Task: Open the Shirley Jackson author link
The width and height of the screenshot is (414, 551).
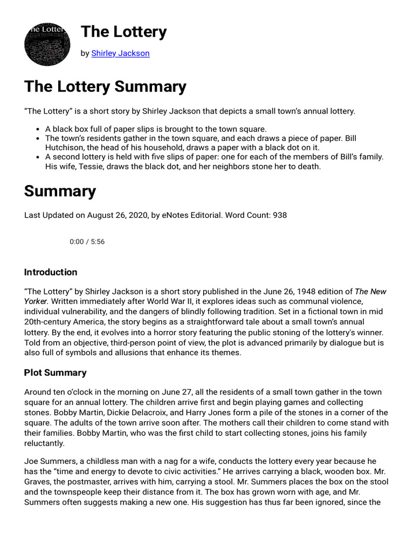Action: point(120,53)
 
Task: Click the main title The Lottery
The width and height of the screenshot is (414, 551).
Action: point(123,32)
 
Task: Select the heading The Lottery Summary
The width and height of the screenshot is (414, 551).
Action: point(105,86)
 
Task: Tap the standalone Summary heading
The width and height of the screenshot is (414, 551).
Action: point(60,191)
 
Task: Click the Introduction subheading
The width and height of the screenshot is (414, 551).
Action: point(51,272)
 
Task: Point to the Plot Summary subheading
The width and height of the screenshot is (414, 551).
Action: point(55,372)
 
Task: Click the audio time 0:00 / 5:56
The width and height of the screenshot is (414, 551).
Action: point(87,242)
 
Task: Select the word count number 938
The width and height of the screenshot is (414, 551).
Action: point(279,215)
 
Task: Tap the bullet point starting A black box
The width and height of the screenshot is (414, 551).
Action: point(156,129)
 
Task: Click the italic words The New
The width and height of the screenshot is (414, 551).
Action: point(370,292)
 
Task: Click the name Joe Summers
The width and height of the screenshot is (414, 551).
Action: point(49,462)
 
